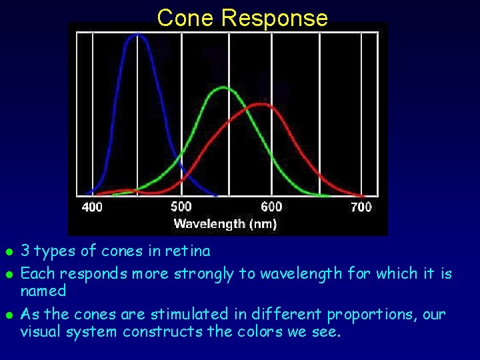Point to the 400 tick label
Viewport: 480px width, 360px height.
[x=92, y=207]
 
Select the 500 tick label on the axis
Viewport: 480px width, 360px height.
[x=181, y=207]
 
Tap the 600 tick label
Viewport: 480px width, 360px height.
[x=271, y=207]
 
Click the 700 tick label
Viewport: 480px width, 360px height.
[x=361, y=207]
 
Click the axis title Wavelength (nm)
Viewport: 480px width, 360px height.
[x=225, y=224]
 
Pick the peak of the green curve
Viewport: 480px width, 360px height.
[x=224, y=87]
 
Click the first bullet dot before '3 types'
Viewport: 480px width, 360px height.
[x=8, y=253]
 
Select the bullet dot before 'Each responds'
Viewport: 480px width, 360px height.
[x=8, y=275]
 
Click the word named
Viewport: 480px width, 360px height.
[x=43, y=291]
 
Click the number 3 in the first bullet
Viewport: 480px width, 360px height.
[x=25, y=251]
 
